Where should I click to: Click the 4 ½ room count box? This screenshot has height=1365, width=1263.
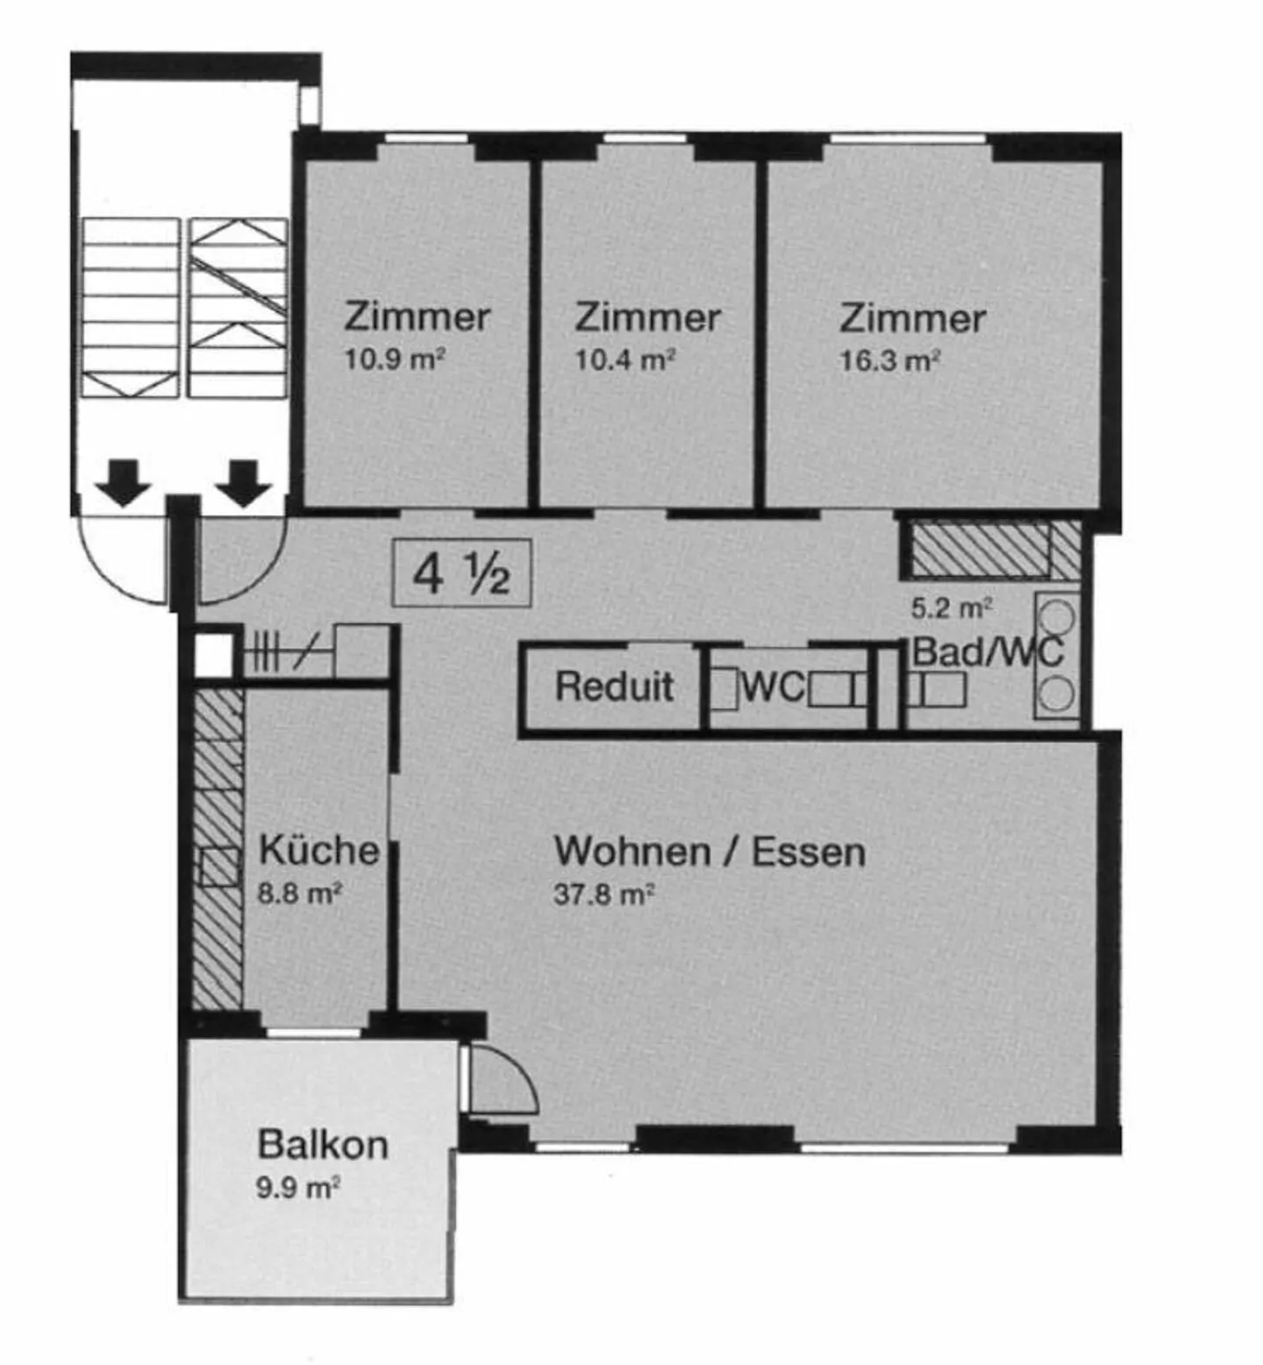click(461, 573)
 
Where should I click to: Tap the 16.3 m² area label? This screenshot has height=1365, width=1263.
click(889, 360)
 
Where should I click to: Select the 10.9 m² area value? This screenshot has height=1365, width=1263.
click(395, 359)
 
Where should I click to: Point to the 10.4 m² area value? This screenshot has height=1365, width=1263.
click(624, 359)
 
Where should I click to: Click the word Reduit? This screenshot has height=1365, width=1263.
click(614, 686)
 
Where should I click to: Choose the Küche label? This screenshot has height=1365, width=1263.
click(318, 850)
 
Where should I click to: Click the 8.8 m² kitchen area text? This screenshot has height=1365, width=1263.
click(299, 893)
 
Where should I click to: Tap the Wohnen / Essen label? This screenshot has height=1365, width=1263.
click(710, 851)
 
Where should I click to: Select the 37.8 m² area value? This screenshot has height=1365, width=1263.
click(604, 894)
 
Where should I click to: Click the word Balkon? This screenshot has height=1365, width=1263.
click(323, 1144)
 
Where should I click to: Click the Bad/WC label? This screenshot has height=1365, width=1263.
click(988, 651)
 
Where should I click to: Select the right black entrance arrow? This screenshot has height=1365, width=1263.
click(244, 483)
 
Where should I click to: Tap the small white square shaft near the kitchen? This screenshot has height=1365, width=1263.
click(213, 653)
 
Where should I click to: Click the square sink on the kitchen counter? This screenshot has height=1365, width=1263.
click(218, 867)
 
